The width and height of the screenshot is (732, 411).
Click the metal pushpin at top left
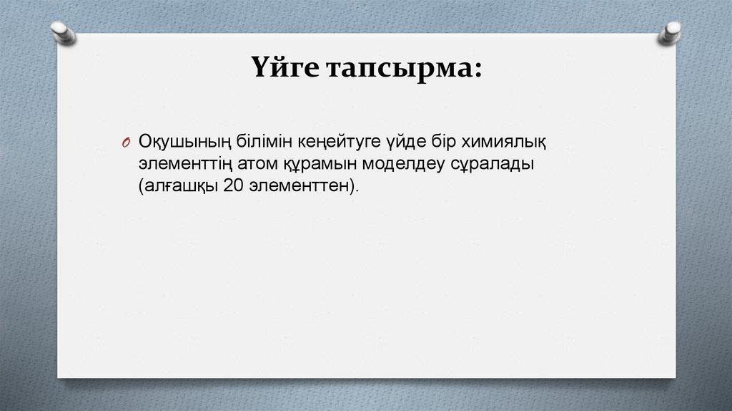pos(63,32)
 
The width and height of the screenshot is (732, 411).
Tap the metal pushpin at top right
pos(671,32)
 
